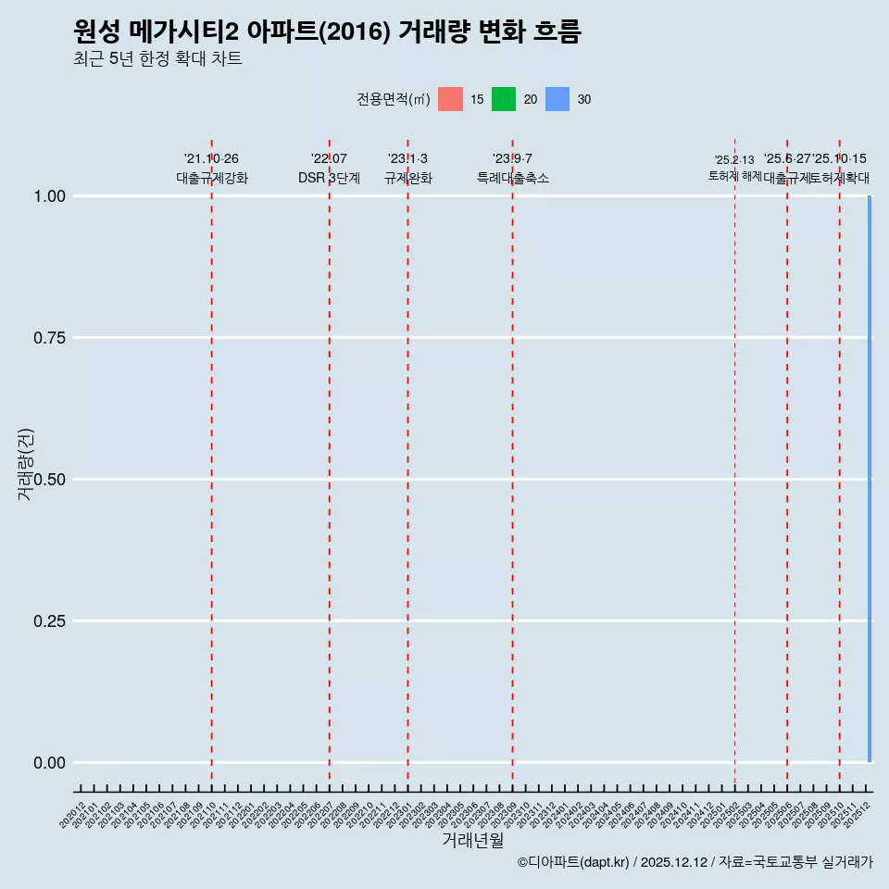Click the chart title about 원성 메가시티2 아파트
pyautogui.click(x=327, y=32)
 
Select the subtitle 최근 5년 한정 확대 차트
pyautogui.click(x=157, y=59)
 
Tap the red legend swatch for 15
pyautogui.click(x=450, y=99)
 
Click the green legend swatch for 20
pyautogui.click(x=504, y=99)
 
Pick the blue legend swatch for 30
pyautogui.click(x=557, y=99)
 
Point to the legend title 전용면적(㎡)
pyautogui.click(x=394, y=99)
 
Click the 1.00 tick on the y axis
pyautogui.click(x=49, y=196)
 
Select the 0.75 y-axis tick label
pyautogui.click(x=49, y=338)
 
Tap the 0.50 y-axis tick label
pyautogui.click(x=49, y=480)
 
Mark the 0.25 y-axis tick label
pyautogui.click(x=49, y=621)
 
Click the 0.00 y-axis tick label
pyautogui.click(x=49, y=763)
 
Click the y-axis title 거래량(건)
pyautogui.click(x=25, y=465)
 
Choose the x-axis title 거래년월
pyautogui.click(x=472, y=840)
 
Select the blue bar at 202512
pyautogui.click(x=870, y=479)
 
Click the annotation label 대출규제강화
pyautogui.click(x=212, y=178)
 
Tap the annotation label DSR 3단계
pyautogui.click(x=329, y=178)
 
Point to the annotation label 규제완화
pyautogui.click(x=408, y=178)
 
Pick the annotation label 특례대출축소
pyautogui.click(x=513, y=178)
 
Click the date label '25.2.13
pyautogui.click(x=734, y=160)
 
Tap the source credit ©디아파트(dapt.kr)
pyautogui.click(x=574, y=862)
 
